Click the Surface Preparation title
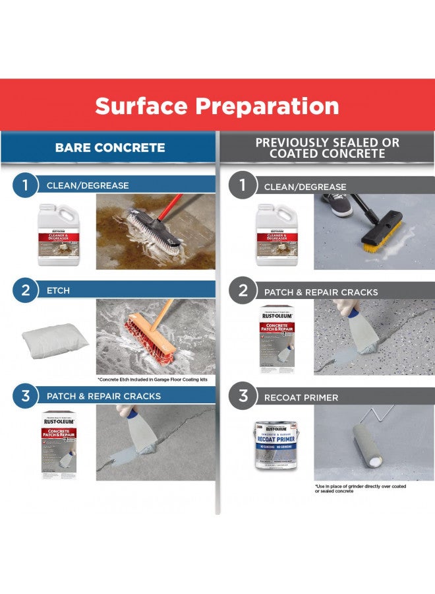(217, 106)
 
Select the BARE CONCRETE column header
(110, 147)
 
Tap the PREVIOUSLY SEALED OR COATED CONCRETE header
(327, 148)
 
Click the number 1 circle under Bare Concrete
(25, 185)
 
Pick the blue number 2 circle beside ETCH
(25, 290)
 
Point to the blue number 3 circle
(25, 396)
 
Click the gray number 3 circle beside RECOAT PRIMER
(243, 396)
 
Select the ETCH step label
(58, 290)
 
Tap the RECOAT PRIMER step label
(301, 397)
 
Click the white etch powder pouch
(55, 341)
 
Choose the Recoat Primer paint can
(276, 446)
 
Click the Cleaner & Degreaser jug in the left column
(59, 234)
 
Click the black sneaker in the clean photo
(338, 205)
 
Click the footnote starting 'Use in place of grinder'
(360, 488)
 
